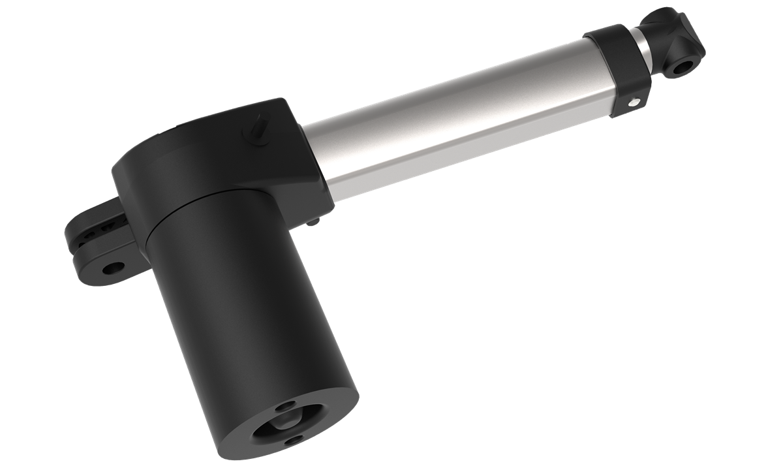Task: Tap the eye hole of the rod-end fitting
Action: pos(684,67)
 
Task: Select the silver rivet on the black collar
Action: pos(633,101)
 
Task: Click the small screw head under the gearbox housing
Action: pos(314,223)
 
